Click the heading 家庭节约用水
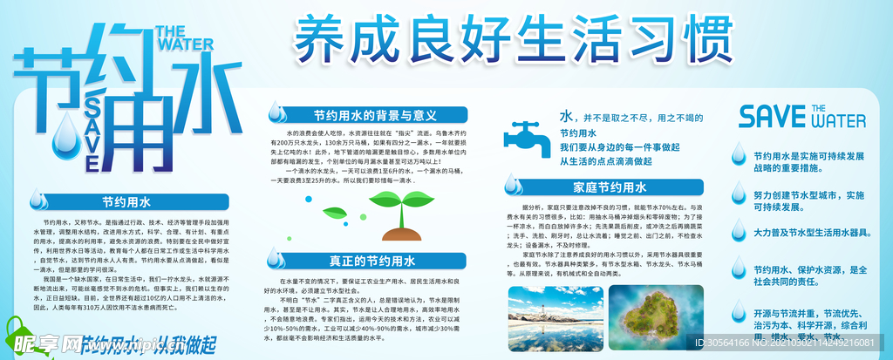(610, 187)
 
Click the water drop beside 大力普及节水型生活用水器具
(739, 232)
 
